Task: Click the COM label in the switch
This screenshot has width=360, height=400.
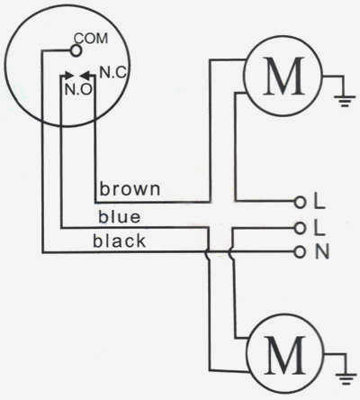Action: click(x=91, y=39)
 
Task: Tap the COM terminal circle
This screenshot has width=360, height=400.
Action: click(x=76, y=50)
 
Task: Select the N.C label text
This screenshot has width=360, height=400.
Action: click(x=113, y=72)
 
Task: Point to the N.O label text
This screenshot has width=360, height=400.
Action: click(x=78, y=89)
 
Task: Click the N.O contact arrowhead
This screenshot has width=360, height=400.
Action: click(x=68, y=75)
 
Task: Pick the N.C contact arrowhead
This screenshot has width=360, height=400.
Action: click(x=86, y=75)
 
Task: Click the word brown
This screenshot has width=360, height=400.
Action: click(x=130, y=189)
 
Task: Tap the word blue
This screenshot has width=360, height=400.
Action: click(x=120, y=216)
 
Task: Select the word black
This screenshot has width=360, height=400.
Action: click(x=120, y=241)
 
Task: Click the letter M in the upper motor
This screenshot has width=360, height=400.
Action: click(x=283, y=76)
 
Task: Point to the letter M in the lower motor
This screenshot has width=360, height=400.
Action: click(x=285, y=355)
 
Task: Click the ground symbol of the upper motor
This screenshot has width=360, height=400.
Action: click(x=345, y=101)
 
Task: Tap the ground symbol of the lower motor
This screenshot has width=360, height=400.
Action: click(x=346, y=379)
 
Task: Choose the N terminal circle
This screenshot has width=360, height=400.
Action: click(x=299, y=251)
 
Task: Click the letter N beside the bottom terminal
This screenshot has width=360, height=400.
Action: click(x=322, y=251)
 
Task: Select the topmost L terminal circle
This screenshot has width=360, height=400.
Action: click(x=300, y=203)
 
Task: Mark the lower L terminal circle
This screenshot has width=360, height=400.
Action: click(x=300, y=228)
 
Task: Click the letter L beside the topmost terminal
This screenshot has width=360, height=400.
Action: click(x=319, y=201)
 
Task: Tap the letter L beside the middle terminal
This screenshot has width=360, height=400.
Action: click(x=319, y=228)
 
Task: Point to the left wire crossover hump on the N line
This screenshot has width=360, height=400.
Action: click(x=206, y=252)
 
